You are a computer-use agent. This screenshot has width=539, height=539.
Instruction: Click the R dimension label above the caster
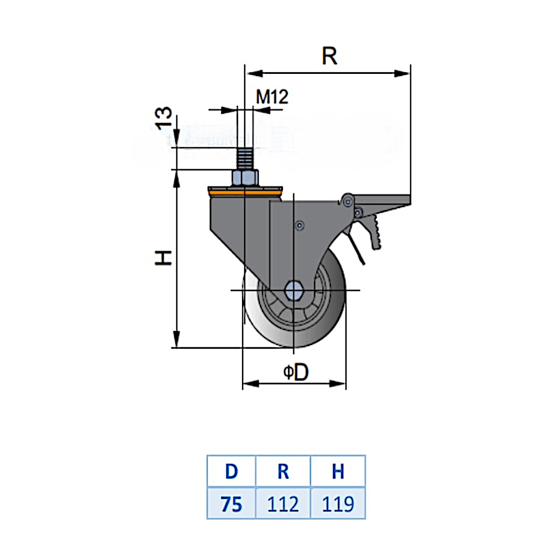pos(329,55)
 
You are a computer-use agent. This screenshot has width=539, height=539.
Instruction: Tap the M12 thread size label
pos(272,97)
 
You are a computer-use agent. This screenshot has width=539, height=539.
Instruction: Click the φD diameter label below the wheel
pos(296,372)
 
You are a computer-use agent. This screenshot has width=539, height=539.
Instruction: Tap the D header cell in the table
pos(231,471)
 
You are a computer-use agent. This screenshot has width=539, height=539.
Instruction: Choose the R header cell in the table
pos(283,471)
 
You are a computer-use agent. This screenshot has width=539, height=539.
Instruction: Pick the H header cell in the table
pos(338,471)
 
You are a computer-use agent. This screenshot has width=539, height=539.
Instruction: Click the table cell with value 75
pos(231,504)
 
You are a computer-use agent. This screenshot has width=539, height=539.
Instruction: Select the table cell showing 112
pos(283,504)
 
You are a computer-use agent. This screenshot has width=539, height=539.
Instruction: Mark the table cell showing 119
pos(338,504)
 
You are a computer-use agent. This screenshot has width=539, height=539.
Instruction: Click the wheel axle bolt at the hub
pos(294,290)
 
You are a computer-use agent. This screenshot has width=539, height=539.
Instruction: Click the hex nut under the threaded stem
pos(245,178)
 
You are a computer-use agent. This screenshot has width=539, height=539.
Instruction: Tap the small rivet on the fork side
pos(300,225)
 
